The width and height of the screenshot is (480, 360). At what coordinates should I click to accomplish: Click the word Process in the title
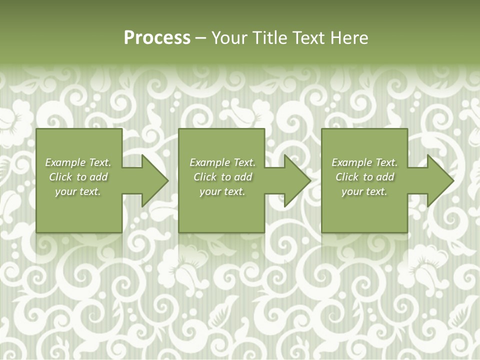click(157, 38)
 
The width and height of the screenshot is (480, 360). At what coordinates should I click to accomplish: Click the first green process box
click(78, 215)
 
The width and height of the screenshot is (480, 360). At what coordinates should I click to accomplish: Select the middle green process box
click(221, 215)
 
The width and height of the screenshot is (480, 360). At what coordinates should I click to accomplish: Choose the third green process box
click(364, 215)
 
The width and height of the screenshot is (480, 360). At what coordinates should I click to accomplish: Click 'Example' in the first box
click(65, 162)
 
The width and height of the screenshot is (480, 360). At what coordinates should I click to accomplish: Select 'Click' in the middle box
click(205, 177)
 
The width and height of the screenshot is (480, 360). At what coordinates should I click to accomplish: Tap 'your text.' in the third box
click(364, 191)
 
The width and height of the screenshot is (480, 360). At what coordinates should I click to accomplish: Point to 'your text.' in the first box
click(78, 191)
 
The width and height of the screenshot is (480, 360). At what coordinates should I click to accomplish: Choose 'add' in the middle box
click(243, 177)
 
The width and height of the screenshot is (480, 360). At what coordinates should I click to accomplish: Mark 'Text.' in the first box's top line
click(100, 162)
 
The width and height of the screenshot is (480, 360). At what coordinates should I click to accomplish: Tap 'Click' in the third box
click(347, 177)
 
